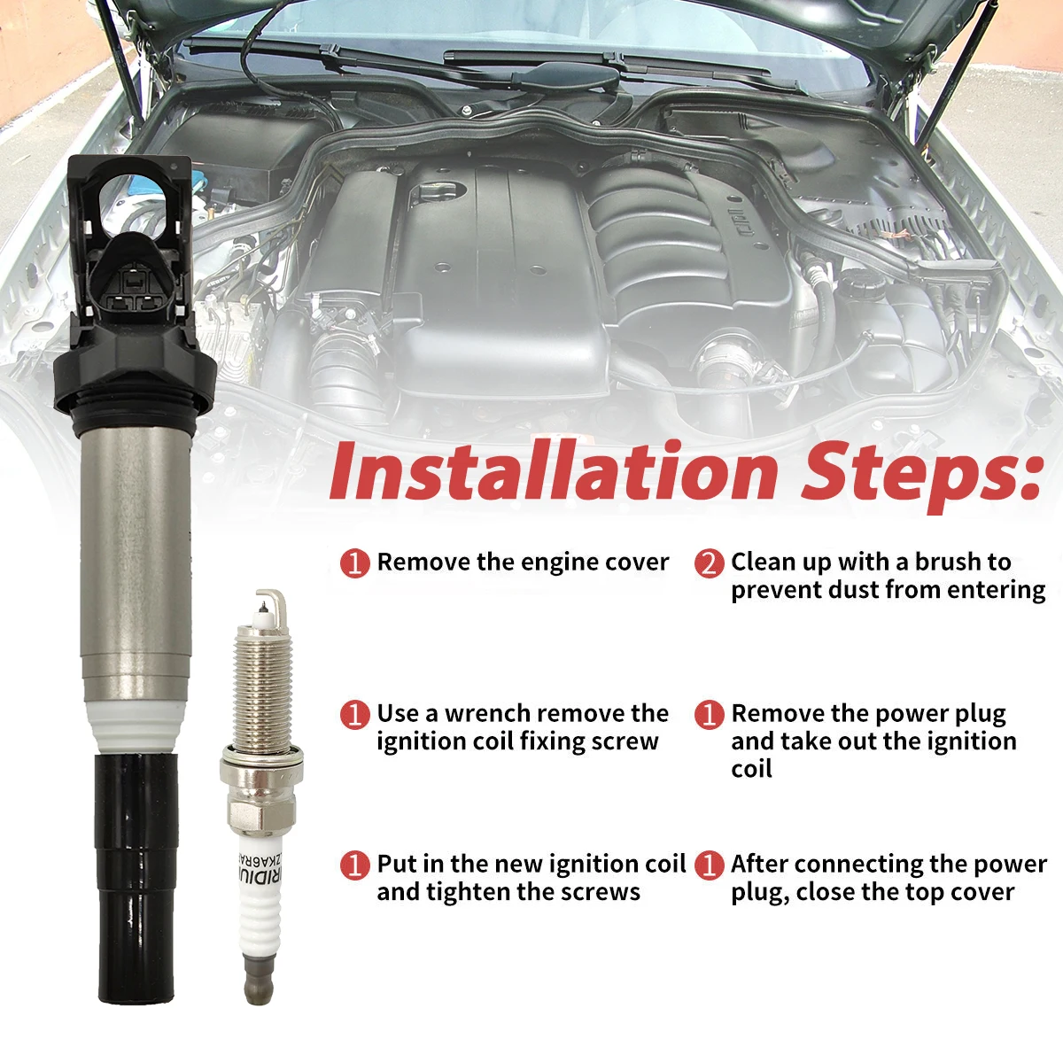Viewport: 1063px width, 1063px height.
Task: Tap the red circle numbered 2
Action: click(709, 563)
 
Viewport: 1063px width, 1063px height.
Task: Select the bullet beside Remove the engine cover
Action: click(355, 563)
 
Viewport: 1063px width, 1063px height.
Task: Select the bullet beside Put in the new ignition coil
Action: click(355, 865)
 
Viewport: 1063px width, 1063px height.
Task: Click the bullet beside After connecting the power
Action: click(709, 865)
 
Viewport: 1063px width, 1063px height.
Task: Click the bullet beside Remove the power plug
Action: click(709, 714)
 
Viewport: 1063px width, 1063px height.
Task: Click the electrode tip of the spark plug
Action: click(267, 602)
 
